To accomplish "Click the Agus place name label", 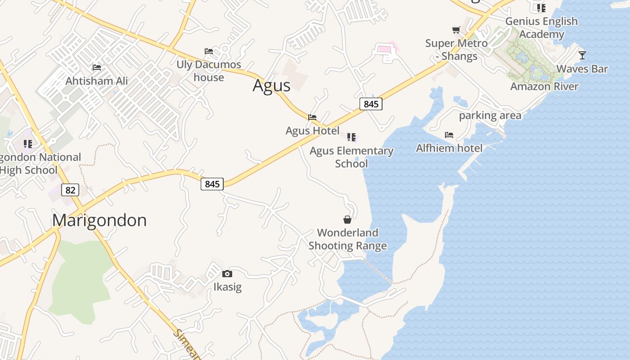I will [x=271, y=85].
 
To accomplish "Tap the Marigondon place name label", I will [x=99, y=220].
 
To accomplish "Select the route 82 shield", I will [x=70, y=190].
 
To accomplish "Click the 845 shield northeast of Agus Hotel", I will [x=371, y=104].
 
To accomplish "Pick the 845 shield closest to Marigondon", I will [x=212, y=184].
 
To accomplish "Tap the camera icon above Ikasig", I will [x=227, y=274].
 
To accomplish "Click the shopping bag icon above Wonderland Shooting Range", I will [x=347, y=220].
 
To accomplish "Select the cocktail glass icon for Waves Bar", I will [x=582, y=55].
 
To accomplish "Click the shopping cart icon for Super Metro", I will [x=456, y=30].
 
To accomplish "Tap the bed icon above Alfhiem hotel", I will [x=449, y=135].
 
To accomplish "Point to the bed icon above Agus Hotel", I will [x=312, y=117].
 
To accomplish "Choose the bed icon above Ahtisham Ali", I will [x=96, y=67].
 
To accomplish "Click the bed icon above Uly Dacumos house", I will [x=208, y=51].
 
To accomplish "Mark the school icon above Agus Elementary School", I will [x=351, y=137].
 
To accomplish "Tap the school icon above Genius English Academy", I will [x=541, y=8].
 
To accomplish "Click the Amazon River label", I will [x=544, y=86].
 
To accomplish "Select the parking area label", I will [x=490, y=116].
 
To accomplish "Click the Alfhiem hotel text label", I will [x=449, y=148].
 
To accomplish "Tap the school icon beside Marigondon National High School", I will [x=28, y=144].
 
